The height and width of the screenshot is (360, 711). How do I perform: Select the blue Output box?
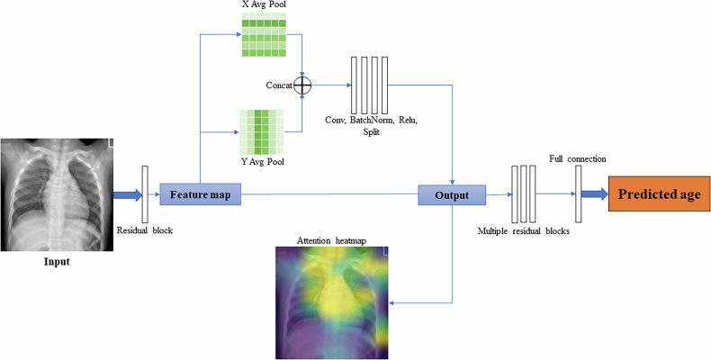[452, 193]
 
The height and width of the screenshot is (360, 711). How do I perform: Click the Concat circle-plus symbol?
[302, 85]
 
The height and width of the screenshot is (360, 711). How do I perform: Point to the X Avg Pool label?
[264, 6]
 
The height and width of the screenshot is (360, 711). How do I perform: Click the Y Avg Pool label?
[262, 162]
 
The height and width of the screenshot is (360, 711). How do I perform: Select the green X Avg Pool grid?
[264, 38]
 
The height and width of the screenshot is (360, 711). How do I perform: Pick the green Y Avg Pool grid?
[262, 130]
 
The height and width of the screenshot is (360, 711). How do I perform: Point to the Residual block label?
[146, 230]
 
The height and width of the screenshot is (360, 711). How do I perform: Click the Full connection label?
[577, 158]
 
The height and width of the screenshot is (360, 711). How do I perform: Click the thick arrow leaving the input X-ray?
[126, 193]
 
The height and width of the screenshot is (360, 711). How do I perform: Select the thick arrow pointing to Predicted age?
[595, 193]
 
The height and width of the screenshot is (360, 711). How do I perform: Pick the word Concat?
[278, 85]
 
